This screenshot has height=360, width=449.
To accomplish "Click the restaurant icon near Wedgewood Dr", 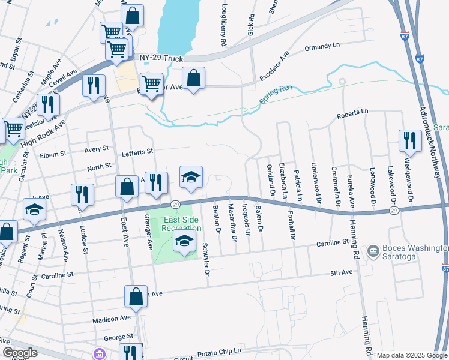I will coord(410,140).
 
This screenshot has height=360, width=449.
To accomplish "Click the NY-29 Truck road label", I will coord(161,58).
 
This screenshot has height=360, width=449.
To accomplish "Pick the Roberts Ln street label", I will coord(352,113).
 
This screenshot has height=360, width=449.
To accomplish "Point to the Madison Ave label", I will coord(112,318).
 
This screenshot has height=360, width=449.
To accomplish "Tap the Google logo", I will coord(19,353).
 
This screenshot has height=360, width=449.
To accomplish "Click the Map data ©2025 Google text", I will coord(411,355).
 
